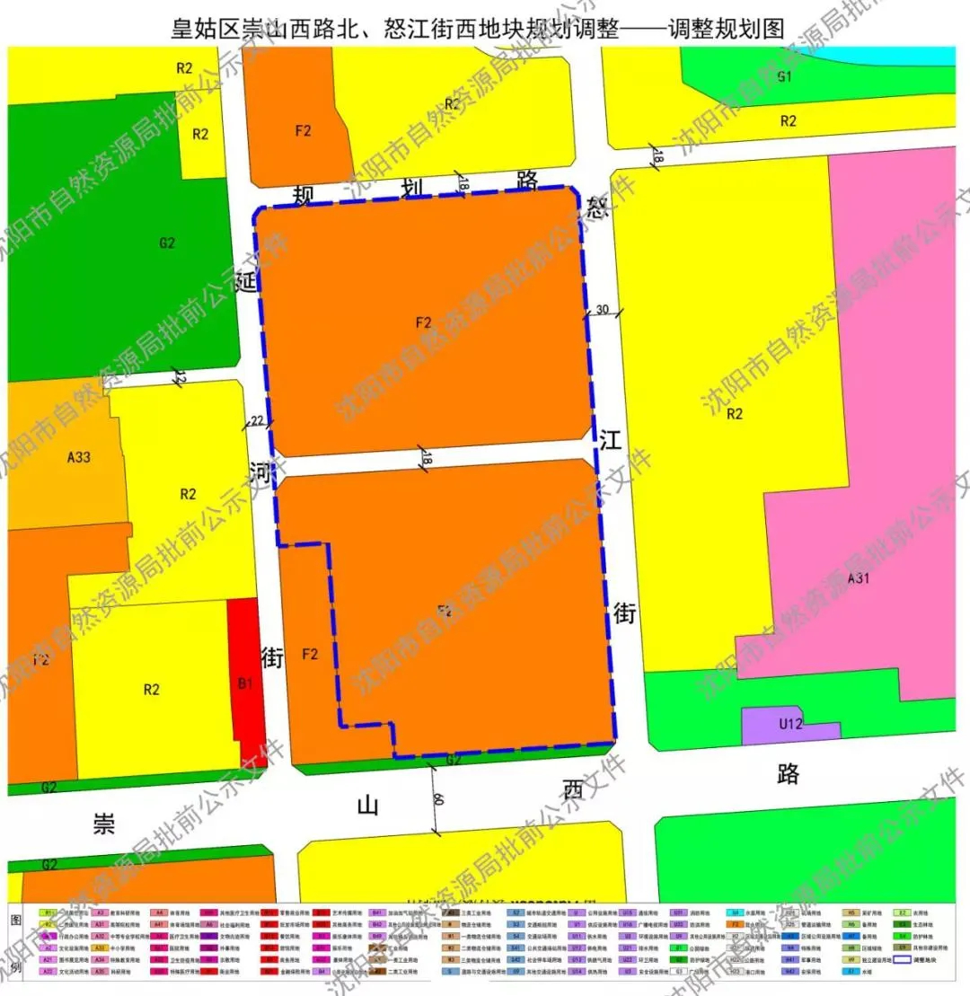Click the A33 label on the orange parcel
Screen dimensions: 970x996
pyautogui.click(x=79, y=457)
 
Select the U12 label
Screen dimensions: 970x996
pyautogui.click(x=790, y=723)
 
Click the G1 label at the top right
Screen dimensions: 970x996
pyautogui.click(x=784, y=76)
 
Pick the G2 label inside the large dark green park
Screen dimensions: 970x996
pyautogui.click(x=167, y=242)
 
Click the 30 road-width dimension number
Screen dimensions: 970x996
pyautogui.click(x=602, y=310)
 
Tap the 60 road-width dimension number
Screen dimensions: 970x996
pyautogui.click(x=437, y=799)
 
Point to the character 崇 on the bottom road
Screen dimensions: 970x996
pyautogui.click(x=104, y=824)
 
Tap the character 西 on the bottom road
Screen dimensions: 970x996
pyautogui.click(x=572, y=789)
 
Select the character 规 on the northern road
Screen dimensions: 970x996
pyautogui.click(x=303, y=196)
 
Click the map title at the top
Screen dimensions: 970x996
pyautogui.click(x=479, y=27)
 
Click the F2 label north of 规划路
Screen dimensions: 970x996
pyautogui.click(x=303, y=130)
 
